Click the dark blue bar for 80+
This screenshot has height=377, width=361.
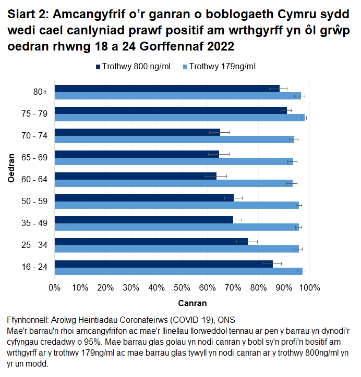(167, 88)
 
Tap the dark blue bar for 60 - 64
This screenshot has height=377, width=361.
(136, 176)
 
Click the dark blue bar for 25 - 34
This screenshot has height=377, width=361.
(151, 242)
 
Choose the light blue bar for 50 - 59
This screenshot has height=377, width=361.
(177, 205)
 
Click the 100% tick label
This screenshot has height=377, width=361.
(309, 287)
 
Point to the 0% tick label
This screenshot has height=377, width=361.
(55, 287)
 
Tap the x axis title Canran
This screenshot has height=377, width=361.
(192, 303)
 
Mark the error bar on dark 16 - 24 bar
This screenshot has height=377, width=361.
(272, 263)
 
